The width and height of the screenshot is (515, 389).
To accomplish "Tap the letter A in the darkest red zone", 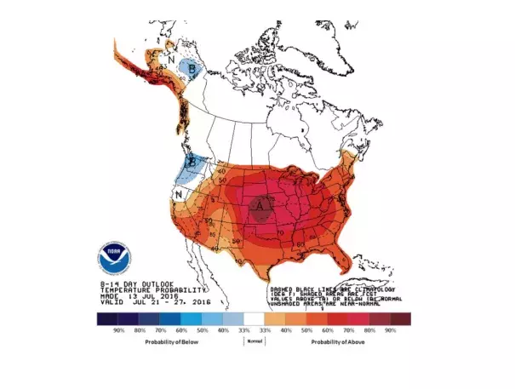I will coord(262,205).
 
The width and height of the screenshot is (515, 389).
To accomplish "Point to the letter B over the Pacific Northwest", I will coord(193,160).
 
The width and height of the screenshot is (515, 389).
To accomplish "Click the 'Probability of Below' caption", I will coord(165,340).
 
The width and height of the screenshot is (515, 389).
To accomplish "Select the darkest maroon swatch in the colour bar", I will coord(399,318).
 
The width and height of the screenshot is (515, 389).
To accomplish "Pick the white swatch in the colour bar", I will coord(255,318).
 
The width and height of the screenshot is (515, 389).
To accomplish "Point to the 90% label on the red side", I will coord(391,329).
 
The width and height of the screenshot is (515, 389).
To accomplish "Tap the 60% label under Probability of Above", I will coord(328,329).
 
